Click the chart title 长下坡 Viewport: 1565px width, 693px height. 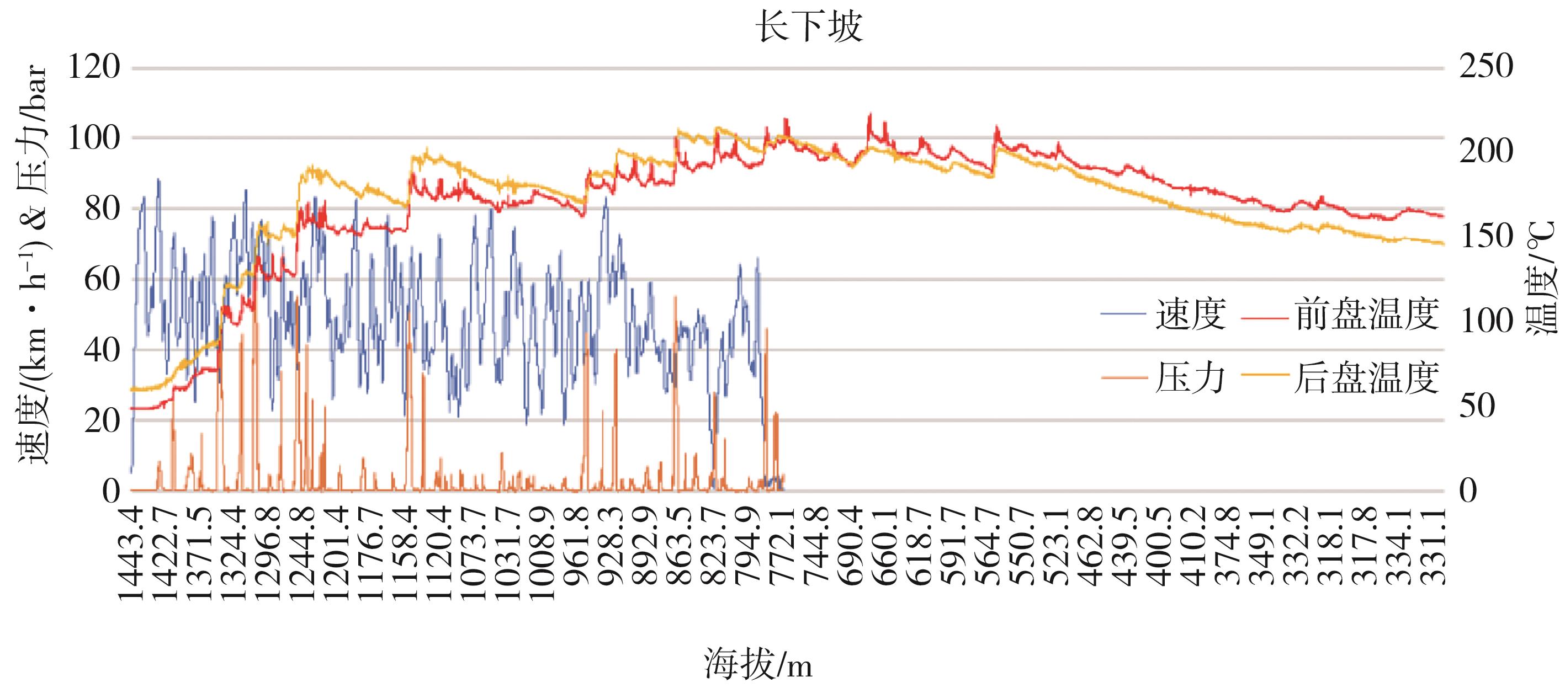coord(808,28)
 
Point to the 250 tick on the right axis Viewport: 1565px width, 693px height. coord(1486,67)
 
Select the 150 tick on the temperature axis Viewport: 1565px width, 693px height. coord(1486,236)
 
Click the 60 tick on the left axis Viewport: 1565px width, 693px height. coord(102,279)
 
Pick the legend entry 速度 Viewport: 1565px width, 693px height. coord(1190,314)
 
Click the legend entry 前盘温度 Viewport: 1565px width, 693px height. coord(1367,314)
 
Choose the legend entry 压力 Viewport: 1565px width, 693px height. coord(1190,378)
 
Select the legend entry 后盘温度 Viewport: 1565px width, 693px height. coord(1367,378)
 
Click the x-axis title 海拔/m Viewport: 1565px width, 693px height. coord(758,664)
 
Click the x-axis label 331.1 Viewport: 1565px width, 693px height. coord(1434,546)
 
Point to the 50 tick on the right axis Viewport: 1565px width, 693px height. coord(1478,405)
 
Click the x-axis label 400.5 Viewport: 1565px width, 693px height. coord(1161,546)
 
